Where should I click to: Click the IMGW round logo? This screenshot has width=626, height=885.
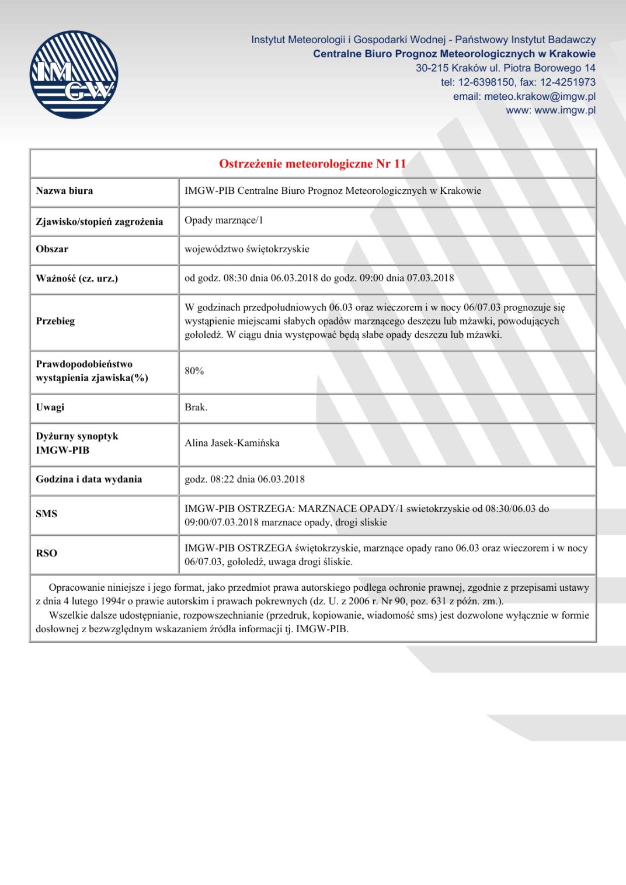coord(74,75)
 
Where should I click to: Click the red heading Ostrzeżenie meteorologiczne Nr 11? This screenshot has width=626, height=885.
coord(312,163)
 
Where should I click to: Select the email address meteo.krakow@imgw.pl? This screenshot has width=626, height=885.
coord(540,96)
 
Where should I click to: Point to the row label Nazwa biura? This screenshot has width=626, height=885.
coord(64,191)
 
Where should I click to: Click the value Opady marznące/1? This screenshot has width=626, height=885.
coord(224,220)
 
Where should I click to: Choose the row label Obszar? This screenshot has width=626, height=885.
coord(52,249)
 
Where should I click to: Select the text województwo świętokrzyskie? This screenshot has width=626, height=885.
coord(246,249)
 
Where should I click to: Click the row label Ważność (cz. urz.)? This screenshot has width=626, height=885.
coord(76,278)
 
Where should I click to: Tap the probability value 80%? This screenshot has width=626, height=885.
coord(194,371)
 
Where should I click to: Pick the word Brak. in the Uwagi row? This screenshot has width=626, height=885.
coord(196,407)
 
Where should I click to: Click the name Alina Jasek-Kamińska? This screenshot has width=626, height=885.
coord(232,443)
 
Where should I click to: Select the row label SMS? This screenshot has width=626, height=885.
coord(46,514)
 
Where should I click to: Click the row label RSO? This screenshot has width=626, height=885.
coord(46,553)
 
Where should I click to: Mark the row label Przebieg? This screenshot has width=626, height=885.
coord(55,321)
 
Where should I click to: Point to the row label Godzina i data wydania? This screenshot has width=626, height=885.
coord(89,479)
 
